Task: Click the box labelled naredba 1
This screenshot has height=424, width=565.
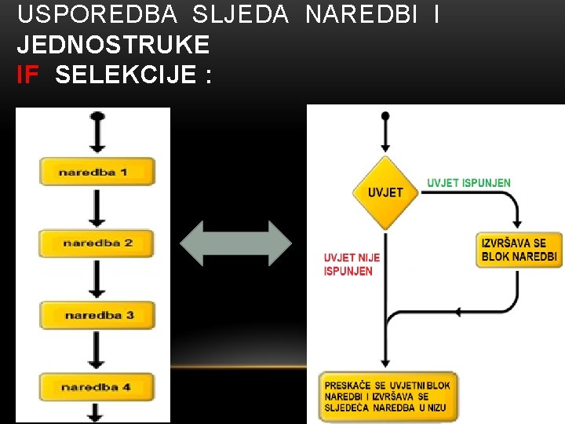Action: (x=97, y=171)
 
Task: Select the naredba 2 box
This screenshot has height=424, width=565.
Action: (x=97, y=243)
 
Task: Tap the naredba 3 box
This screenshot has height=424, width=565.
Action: (x=97, y=316)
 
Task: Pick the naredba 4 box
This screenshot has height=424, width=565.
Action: (x=97, y=387)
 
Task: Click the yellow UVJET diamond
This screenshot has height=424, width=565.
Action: (x=385, y=192)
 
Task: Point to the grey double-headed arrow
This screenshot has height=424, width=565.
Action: (x=235, y=243)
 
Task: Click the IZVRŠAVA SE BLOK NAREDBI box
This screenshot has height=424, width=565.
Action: (x=519, y=250)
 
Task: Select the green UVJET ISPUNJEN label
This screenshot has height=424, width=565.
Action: (x=468, y=183)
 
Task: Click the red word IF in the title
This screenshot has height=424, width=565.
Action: (x=27, y=75)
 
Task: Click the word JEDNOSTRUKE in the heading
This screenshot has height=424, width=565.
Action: (x=113, y=44)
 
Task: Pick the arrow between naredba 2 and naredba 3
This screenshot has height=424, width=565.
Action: (x=97, y=280)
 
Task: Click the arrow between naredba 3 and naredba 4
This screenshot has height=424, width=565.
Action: (x=97, y=351)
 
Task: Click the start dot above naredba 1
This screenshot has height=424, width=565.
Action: (x=97, y=116)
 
